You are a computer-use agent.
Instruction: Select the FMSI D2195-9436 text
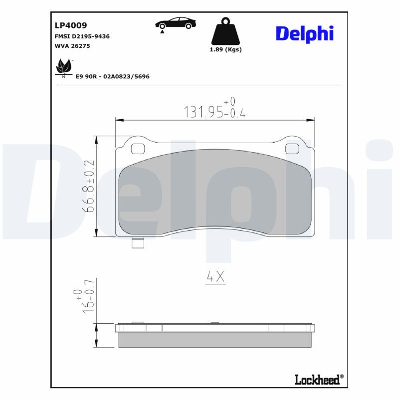(x=82, y=36)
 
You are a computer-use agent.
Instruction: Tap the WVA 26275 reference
(x=72, y=46)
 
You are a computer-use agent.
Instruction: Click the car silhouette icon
(x=175, y=23)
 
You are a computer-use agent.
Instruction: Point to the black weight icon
(x=225, y=31)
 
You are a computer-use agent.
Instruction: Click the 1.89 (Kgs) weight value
(x=225, y=49)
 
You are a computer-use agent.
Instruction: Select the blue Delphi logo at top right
(x=304, y=33)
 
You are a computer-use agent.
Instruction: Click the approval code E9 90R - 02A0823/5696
(x=112, y=76)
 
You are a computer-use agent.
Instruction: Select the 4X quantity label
(x=215, y=277)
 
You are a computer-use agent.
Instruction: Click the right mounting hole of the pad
(x=291, y=149)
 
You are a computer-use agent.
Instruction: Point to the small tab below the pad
(x=137, y=243)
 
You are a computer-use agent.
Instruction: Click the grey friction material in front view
(x=215, y=192)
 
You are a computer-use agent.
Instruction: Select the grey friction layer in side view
(x=215, y=340)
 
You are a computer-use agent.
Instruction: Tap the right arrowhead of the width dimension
(x=312, y=120)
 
